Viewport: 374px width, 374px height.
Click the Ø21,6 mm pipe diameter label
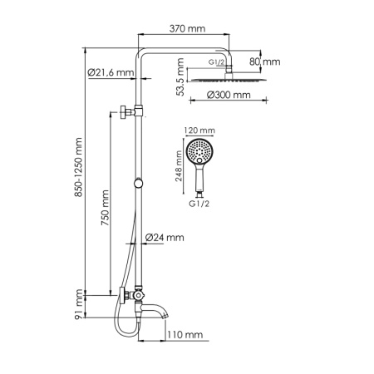pos(111,73)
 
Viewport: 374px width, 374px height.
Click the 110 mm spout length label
pos(185,335)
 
